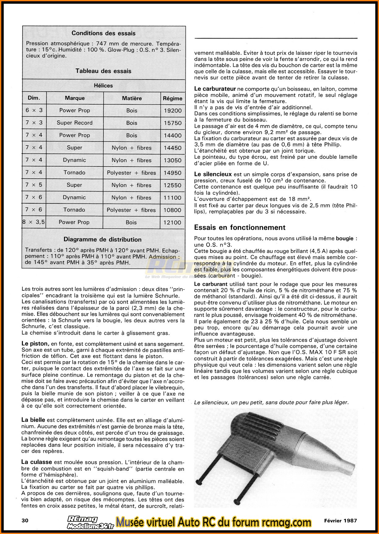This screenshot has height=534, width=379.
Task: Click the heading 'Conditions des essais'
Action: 103,33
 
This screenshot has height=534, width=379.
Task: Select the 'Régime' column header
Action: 172,98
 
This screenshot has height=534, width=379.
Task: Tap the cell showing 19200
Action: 172,111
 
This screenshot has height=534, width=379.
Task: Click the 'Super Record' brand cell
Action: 75,123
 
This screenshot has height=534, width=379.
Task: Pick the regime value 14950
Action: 172,173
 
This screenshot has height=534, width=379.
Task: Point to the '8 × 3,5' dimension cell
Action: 34,222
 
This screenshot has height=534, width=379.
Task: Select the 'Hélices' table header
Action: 103,85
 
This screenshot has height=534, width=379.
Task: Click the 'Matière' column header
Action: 132,98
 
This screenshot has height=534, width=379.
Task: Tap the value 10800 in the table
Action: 172,210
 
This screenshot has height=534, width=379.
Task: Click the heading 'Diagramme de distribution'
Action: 102,239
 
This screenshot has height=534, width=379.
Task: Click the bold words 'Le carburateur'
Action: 215,89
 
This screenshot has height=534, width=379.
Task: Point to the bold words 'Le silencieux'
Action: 213,174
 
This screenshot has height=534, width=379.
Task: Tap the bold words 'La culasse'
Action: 37,462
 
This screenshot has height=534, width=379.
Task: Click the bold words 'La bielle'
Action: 33,420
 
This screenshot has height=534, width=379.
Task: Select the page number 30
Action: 25,520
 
